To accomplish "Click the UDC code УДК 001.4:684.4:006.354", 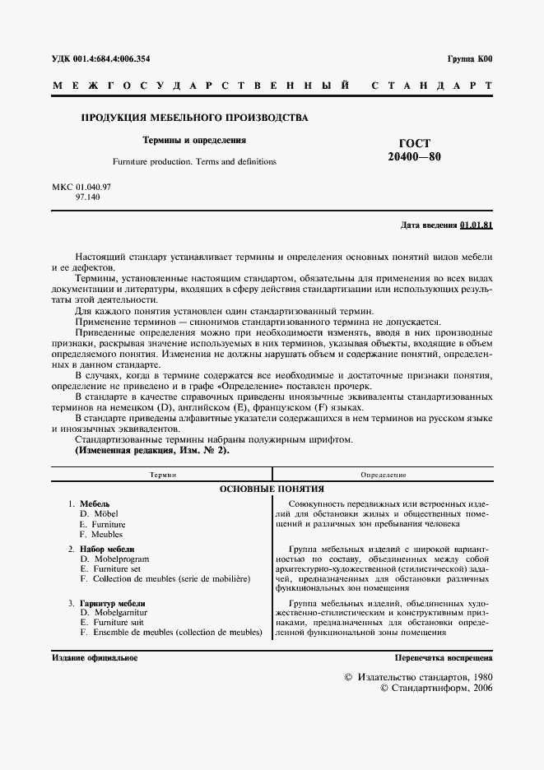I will point(100,59).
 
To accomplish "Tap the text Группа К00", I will point(470,59).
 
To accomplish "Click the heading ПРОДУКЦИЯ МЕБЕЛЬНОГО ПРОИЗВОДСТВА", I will point(194,118).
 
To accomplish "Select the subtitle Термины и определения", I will point(195,141).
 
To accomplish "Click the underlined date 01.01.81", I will point(477,225).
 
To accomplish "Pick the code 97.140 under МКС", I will point(86,198).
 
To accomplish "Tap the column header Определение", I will point(383,475).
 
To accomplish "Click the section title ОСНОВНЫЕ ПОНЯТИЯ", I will point(272,489).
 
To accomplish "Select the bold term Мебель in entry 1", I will point(94,503).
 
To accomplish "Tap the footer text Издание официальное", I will point(94,658).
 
